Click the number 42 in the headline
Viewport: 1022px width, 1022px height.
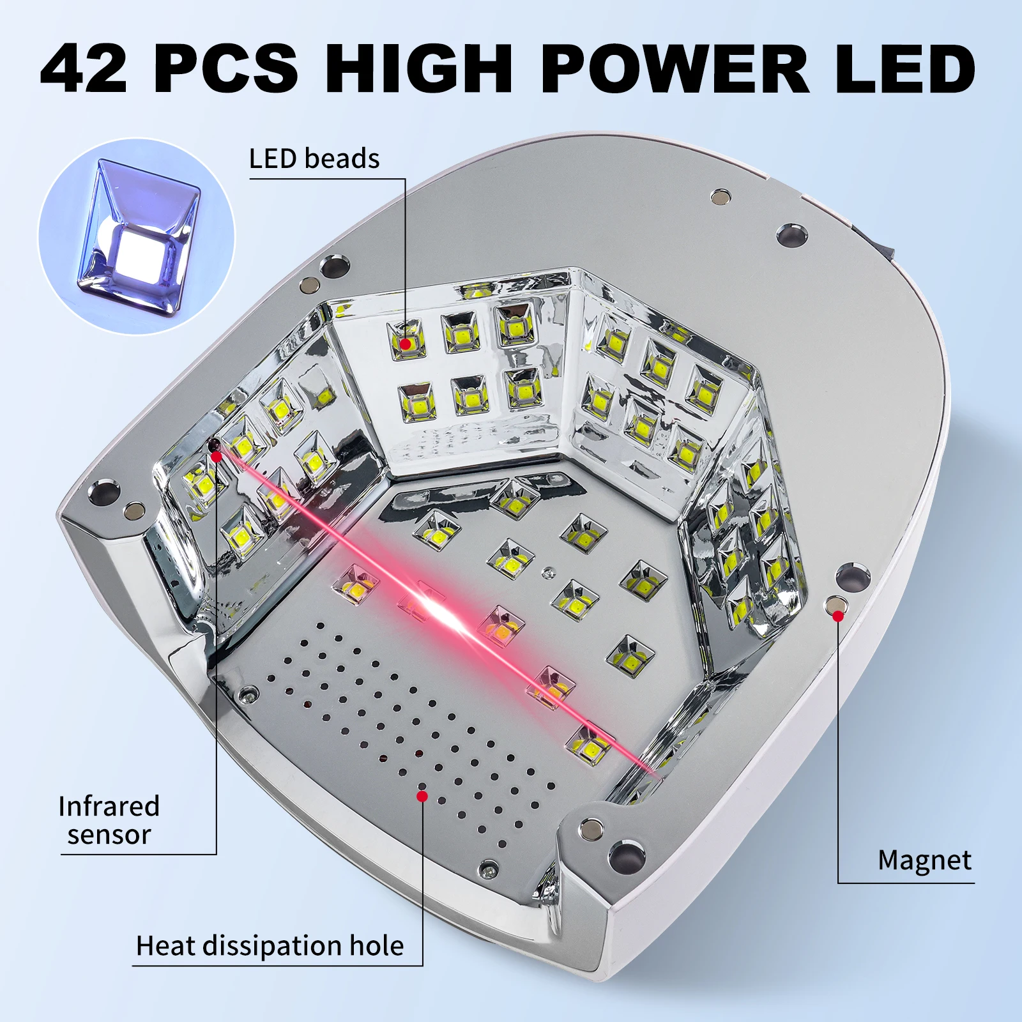click(x=84, y=69)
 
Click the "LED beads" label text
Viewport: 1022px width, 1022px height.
click(x=314, y=159)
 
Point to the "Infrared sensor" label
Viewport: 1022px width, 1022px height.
click(x=109, y=821)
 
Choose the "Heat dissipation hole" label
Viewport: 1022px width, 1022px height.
click(x=270, y=946)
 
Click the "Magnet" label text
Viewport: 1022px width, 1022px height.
click(x=924, y=860)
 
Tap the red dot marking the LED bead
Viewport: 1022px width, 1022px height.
click(x=405, y=344)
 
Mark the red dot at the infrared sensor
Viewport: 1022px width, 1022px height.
click(x=217, y=456)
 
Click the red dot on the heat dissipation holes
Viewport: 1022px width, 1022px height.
click(x=422, y=796)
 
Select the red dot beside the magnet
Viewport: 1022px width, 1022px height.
click(x=837, y=616)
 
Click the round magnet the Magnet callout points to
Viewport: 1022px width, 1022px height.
click(x=835, y=603)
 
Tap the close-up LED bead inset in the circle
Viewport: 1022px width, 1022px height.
click(x=137, y=236)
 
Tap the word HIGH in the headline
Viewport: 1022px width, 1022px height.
click(x=419, y=69)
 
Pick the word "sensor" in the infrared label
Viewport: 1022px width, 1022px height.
click(x=109, y=835)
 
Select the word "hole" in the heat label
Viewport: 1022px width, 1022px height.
click(x=376, y=946)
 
